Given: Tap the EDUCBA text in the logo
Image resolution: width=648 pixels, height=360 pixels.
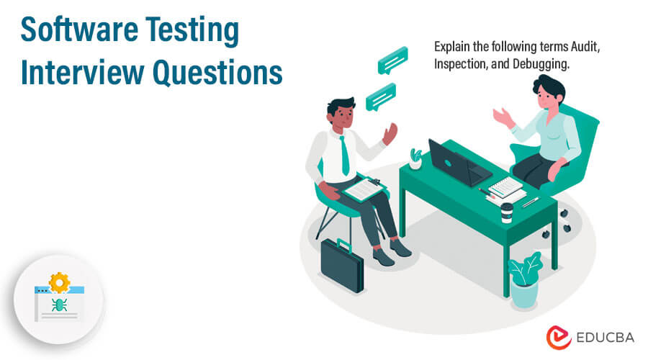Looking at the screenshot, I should [601, 337].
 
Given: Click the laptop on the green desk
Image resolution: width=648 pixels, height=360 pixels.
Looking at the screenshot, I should [457, 161].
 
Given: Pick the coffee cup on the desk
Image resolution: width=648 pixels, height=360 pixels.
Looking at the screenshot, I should [507, 211].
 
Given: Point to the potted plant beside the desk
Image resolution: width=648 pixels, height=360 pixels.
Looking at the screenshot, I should [524, 277].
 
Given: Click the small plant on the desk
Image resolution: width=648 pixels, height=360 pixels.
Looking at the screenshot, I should [415, 158].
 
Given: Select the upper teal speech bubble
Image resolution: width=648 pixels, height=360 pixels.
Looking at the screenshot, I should [392, 60].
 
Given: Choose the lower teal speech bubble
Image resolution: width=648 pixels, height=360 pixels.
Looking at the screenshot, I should [381, 96].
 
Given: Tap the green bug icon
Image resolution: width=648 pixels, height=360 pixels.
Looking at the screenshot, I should [59, 305].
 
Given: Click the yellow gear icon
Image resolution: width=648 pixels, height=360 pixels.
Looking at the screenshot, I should [58, 281].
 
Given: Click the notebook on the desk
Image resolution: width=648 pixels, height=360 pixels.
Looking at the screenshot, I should [505, 187].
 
